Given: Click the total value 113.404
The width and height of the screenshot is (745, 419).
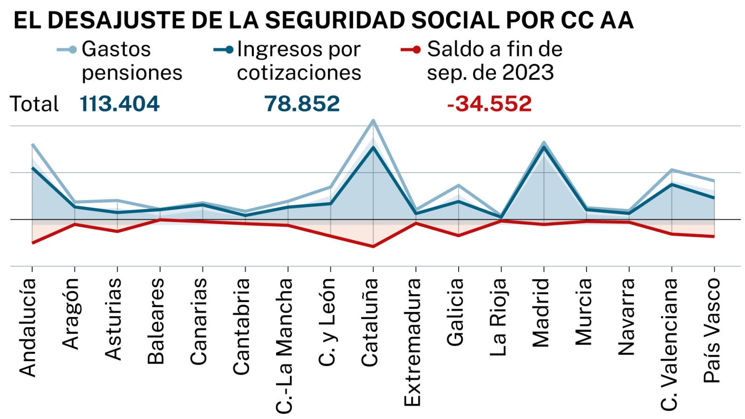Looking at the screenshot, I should (120, 104).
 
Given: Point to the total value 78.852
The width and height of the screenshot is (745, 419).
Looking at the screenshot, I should (302, 104).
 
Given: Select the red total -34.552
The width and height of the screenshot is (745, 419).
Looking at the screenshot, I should (489, 104).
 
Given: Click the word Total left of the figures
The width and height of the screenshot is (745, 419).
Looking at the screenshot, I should (34, 104).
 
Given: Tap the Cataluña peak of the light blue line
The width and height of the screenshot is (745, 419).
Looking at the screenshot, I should (373, 121).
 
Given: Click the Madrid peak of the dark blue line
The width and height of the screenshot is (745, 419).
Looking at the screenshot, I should (544, 147).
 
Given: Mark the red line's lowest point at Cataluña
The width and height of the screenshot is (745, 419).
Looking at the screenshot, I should (373, 246).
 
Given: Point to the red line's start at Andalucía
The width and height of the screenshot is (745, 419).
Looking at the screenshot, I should (32, 243).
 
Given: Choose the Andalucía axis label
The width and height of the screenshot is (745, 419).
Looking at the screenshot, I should (28, 327).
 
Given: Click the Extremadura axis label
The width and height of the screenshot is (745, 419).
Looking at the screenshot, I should (412, 342).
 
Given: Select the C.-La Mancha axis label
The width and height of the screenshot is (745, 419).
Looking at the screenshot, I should (284, 345).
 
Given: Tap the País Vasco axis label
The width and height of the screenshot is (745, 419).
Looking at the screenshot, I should (711, 331).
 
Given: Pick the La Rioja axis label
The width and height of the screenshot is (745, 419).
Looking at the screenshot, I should (498, 317).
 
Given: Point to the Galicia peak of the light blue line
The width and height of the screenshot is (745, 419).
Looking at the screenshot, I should (459, 185).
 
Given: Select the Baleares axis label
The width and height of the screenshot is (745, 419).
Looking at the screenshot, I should (156, 321).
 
